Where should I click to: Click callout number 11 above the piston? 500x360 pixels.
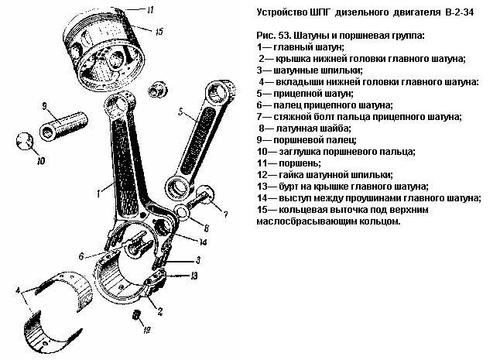click(150, 9)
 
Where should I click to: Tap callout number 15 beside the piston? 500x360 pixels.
click(159, 32)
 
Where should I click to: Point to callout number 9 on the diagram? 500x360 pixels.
click(45, 106)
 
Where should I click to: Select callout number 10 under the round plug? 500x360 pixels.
click(41, 161)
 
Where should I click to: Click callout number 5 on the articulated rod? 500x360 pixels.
click(181, 111)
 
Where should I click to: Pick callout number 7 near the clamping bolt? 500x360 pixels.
click(225, 214)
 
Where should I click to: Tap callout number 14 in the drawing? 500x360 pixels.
click(203, 242)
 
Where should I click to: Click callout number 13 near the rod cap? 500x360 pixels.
click(193, 275)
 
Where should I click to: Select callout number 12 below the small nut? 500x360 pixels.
click(146, 330)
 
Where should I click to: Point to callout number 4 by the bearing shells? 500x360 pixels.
click(19, 290)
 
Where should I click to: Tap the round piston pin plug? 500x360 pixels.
click(25, 141)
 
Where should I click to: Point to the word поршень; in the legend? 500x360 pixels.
click(300, 163)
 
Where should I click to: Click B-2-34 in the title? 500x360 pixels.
click(458, 12)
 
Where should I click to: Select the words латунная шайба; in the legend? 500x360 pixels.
click(313, 129)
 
